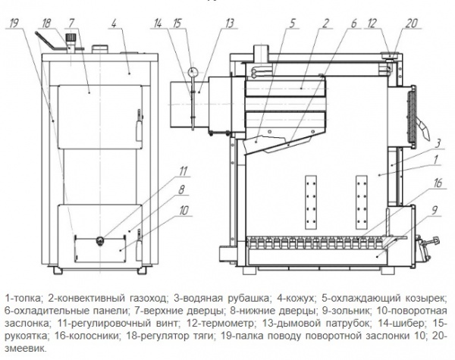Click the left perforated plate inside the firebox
(x=309, y=196)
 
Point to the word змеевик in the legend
(x=25, y=348)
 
